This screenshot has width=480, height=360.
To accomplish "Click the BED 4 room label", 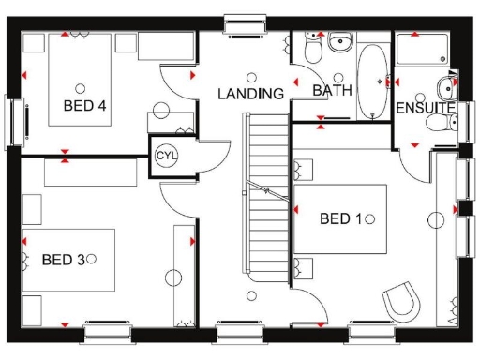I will (x=83, y=105).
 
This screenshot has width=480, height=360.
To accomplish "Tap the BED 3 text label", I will (x=62, y=258).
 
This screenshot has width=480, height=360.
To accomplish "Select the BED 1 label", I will (x=340, y=218).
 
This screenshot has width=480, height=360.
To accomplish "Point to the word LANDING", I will (x=250, y=94).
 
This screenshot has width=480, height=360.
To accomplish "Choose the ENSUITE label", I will (x=425, y=109).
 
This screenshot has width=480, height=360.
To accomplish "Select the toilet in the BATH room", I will (x=338, y=42).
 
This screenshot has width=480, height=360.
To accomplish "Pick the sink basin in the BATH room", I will (x=308, y=47).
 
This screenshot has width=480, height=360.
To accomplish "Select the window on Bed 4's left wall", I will (x=14, y=120).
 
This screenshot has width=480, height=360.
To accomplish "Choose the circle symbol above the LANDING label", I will (x=250, y=77).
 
